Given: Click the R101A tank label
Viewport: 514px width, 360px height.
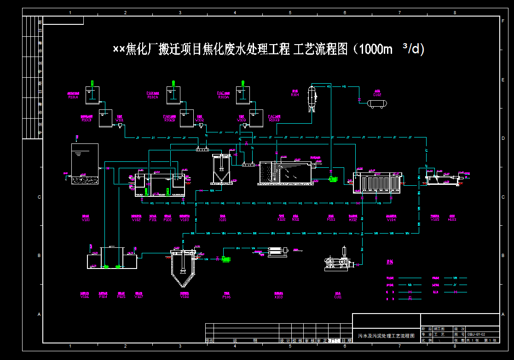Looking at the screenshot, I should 73,97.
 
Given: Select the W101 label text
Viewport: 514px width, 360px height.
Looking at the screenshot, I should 120,120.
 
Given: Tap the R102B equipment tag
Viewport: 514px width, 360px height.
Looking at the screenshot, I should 169,120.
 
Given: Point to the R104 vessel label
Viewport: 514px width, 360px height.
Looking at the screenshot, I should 295,95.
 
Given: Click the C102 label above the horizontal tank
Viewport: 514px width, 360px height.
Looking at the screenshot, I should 377,95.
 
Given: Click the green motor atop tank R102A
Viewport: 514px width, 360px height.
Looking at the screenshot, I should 173,84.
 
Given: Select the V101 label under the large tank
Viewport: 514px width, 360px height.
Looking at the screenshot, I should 86,220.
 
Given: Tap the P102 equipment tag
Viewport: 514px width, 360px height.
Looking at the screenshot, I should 168,220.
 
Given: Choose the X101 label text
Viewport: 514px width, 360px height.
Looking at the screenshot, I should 223,220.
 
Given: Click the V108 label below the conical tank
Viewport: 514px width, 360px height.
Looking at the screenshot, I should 184,297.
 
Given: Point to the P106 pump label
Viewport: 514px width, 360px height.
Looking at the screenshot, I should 226,297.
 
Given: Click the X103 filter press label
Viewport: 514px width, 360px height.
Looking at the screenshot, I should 278,297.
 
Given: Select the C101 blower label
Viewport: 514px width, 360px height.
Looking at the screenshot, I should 338,297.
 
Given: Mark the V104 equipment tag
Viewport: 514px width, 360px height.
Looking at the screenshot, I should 391,220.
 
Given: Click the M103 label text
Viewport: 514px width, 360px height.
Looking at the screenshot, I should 452,220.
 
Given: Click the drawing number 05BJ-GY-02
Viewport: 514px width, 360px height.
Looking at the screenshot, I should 476,334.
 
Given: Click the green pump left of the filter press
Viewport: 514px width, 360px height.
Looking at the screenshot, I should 225,259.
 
